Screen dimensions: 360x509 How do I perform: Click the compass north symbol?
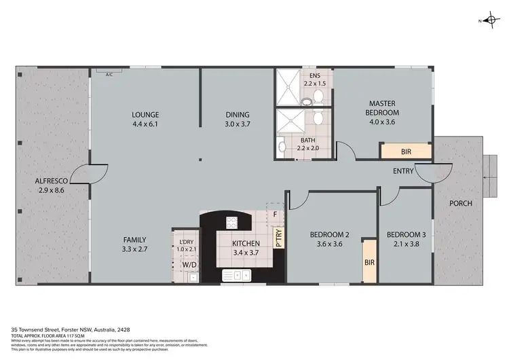click(491, 20)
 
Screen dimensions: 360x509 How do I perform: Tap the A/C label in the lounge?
click(109, 75)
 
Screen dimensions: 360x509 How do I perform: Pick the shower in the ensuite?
click(289, 88)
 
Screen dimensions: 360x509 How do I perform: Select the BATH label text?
click(308, 141)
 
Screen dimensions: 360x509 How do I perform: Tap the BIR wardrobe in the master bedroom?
click(404, 151)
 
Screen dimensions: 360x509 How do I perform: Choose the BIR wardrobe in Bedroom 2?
click(369, 261)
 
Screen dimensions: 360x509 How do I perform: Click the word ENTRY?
click(402, 171)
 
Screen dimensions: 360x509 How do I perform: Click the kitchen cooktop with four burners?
click(231, 221)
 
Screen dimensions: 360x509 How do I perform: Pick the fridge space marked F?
click(275, 215)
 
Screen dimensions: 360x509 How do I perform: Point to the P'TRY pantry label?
click(278, 236)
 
